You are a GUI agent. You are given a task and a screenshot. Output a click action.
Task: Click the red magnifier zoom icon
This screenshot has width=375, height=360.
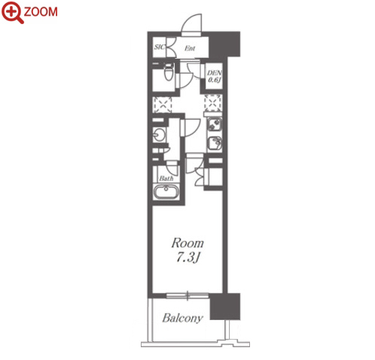pos(13,12)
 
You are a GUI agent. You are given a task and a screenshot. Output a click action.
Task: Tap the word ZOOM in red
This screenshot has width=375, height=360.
pos(41,12)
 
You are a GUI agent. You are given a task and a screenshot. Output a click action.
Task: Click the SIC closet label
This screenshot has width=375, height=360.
pos(159,47)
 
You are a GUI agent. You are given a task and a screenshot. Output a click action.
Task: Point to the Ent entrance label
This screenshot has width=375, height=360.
pos(190,48)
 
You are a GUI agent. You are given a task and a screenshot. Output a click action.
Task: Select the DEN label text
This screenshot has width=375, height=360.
pos(214,73)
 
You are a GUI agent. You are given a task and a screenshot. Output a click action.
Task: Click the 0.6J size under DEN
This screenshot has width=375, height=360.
pos(214,80)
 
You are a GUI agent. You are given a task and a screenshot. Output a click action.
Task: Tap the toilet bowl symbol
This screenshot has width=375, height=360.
pos(169,72)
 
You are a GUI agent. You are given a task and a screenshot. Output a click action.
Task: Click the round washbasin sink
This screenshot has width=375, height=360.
pos(159,135)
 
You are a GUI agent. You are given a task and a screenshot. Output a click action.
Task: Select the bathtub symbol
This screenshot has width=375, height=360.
pos(166,192)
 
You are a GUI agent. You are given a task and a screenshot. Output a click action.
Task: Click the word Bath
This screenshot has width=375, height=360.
pos(166,178)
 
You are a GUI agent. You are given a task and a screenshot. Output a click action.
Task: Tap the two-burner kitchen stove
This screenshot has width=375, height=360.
pos(215,124)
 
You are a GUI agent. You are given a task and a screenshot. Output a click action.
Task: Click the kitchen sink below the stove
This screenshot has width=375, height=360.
pos(215,143)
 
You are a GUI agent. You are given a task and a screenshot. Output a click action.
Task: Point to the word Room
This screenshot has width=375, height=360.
pos(187,243)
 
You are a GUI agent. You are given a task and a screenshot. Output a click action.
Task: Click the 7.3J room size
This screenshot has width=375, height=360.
pos(187,258)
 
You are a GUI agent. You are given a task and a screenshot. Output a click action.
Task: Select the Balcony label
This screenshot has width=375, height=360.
pos(182,318)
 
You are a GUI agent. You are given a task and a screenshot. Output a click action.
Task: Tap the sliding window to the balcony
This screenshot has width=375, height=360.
pos(187,296)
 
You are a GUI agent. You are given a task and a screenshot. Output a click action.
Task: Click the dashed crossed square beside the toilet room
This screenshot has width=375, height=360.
pos(163,105)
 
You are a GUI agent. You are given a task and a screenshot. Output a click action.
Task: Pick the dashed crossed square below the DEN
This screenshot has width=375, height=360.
pos(213,103)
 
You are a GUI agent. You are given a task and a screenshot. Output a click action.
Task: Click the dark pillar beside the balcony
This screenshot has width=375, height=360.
pos(225,307)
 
